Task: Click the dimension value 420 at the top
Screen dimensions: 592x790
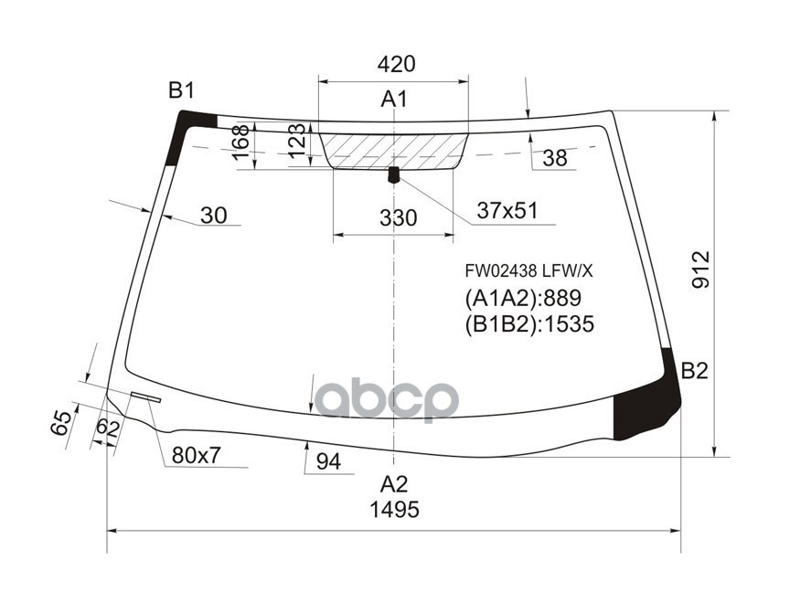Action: (396, 64)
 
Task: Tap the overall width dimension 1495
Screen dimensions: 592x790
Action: (394, 510)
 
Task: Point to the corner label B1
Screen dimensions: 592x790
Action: (181, 90)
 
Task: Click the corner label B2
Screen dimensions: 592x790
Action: (695, 371)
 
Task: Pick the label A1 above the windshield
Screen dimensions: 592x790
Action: (394, 99)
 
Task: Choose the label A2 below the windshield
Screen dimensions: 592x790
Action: (394, 483)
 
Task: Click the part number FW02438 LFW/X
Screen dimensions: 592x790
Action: (529, 270)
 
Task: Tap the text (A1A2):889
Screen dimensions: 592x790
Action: (524, 298)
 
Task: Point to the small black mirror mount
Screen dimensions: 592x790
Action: (394, 174)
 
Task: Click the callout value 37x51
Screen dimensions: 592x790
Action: (507, 211)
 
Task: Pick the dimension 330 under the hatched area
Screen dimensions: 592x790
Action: (397, 218)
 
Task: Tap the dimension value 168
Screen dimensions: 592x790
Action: (240, 144)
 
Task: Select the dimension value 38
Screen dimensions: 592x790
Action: (554, 158)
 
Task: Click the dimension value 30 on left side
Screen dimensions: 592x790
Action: (213, 216)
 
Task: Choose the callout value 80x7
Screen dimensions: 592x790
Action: (197, 455)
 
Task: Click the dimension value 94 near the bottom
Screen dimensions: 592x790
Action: (328, 462)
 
